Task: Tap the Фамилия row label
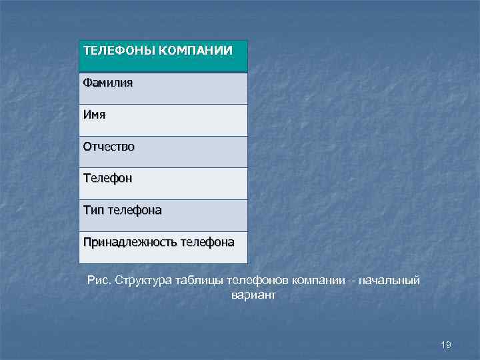click(x=108, y=83)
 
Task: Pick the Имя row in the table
click(x=94, y=115)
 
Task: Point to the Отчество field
click(x=109, y=146)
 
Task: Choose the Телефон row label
click(x=107, y=178)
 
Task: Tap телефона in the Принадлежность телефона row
click(x=207, y=242)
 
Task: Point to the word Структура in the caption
click(x=145, y=280)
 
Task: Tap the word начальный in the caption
click(x=389, y=280)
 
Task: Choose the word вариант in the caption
click(x=253, y=295)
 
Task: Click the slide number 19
click(x=446, y=344)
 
